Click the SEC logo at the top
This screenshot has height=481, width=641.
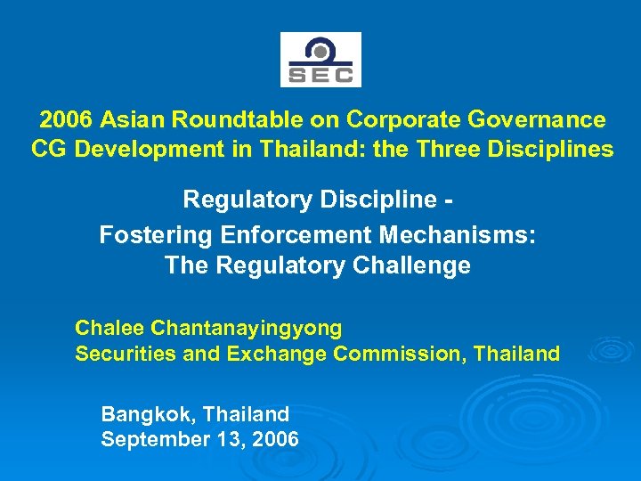[320, 60]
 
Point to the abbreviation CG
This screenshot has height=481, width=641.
[49, 149]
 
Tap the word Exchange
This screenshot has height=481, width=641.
[277, 354]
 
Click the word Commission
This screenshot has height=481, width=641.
[399, 354]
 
